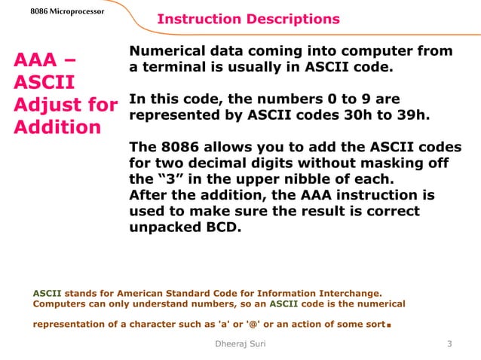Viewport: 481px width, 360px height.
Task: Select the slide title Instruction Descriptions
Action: tap(248, 19)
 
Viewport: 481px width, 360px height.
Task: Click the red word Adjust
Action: tap(49, 103)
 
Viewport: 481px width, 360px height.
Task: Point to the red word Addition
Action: tap(57, 126)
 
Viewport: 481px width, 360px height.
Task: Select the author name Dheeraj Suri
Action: tap(240, 344)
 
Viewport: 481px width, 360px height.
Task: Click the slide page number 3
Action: tap(449, 344)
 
